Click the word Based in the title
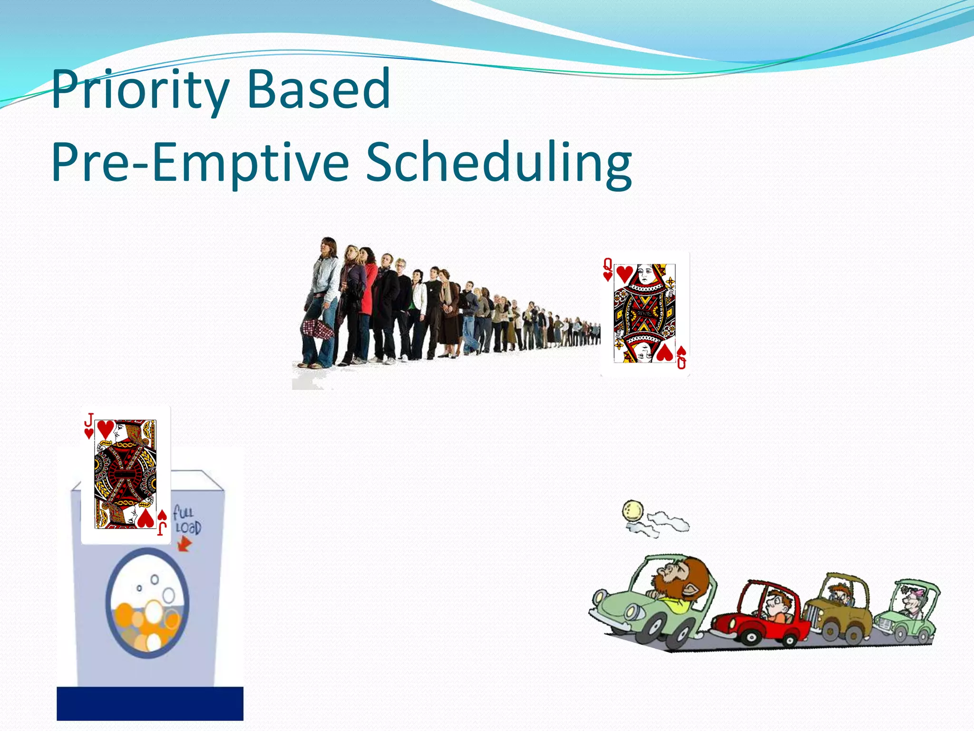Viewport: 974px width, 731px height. point(319,89)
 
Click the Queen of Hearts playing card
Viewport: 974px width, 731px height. point(645,314)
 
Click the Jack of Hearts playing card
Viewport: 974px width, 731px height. point(126,474)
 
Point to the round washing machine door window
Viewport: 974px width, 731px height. point(147,603)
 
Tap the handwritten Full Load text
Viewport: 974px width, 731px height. point(186,520)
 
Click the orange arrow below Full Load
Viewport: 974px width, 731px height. point(185,543)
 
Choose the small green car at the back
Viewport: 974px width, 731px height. point(908,614)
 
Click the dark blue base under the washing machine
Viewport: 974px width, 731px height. point(150,703)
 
